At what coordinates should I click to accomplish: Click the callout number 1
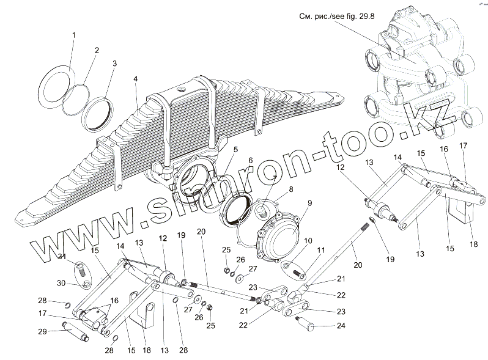click(x=73, y=35)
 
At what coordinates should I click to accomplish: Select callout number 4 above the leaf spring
click(x=135, y=79)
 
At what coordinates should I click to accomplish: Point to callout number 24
click(x=341, y=326)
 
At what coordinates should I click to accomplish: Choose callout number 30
click(x=61, y=283)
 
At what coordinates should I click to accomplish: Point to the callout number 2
click(x=95, y=50)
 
